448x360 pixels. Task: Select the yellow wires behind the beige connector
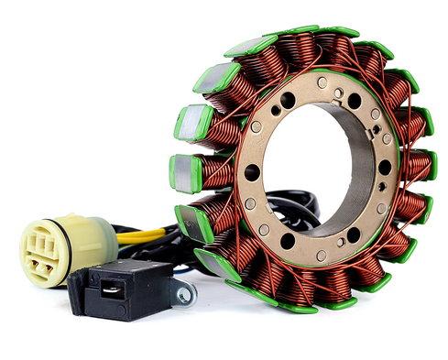point(137,234)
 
